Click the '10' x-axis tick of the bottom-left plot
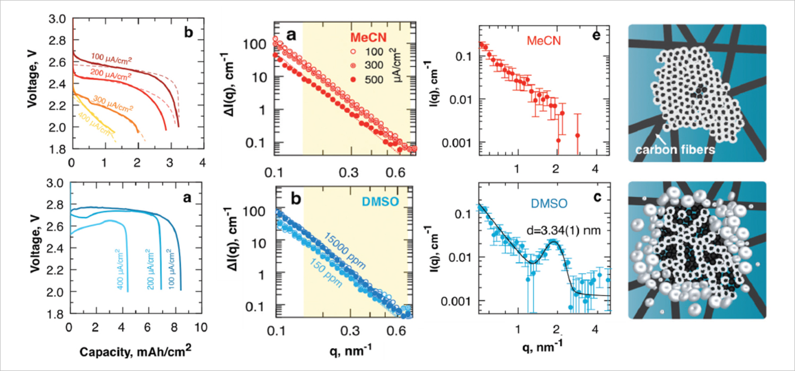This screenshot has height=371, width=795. (x=200, y=328)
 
